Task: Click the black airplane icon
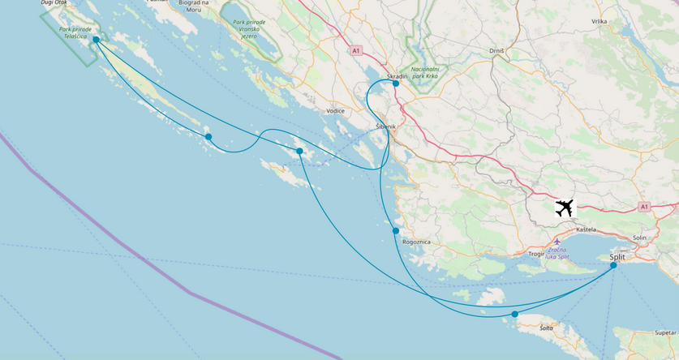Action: [x=565, y=208]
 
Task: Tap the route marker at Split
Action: [x=613, y=265]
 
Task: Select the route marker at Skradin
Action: [x=396, y=84]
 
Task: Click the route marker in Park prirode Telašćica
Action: [x=96, y=40]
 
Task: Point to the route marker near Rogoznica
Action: [x=396, y=231]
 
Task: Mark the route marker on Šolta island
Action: [x=515, y=314]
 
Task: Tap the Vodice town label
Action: [x=335, y=111]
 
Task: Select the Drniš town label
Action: [x=497, y=51]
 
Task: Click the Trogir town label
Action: [x=535, y=254]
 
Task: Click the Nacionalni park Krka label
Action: [x=425, y=73]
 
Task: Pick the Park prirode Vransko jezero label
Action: [x=249, y=28]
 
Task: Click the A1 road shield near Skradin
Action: [x=355, y=51]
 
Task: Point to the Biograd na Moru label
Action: [x=194, y=6]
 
